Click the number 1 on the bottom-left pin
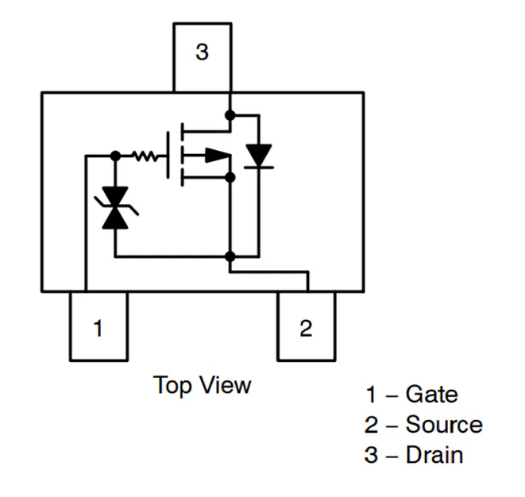(98, 328)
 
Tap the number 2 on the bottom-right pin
(306, 328)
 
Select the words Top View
(203, 386)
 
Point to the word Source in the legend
(444, 425)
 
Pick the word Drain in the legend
(434, 455)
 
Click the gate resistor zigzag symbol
(146, 156)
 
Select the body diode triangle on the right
(258, 155)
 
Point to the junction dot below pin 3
(230, 115)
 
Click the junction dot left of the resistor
(116, 156)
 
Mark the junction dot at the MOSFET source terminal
(230, 176)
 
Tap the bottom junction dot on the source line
(230, 256)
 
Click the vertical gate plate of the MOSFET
(169, 156)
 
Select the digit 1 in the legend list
(370, 395)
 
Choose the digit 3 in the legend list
(371, 455)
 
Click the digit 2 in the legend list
(371, 425)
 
